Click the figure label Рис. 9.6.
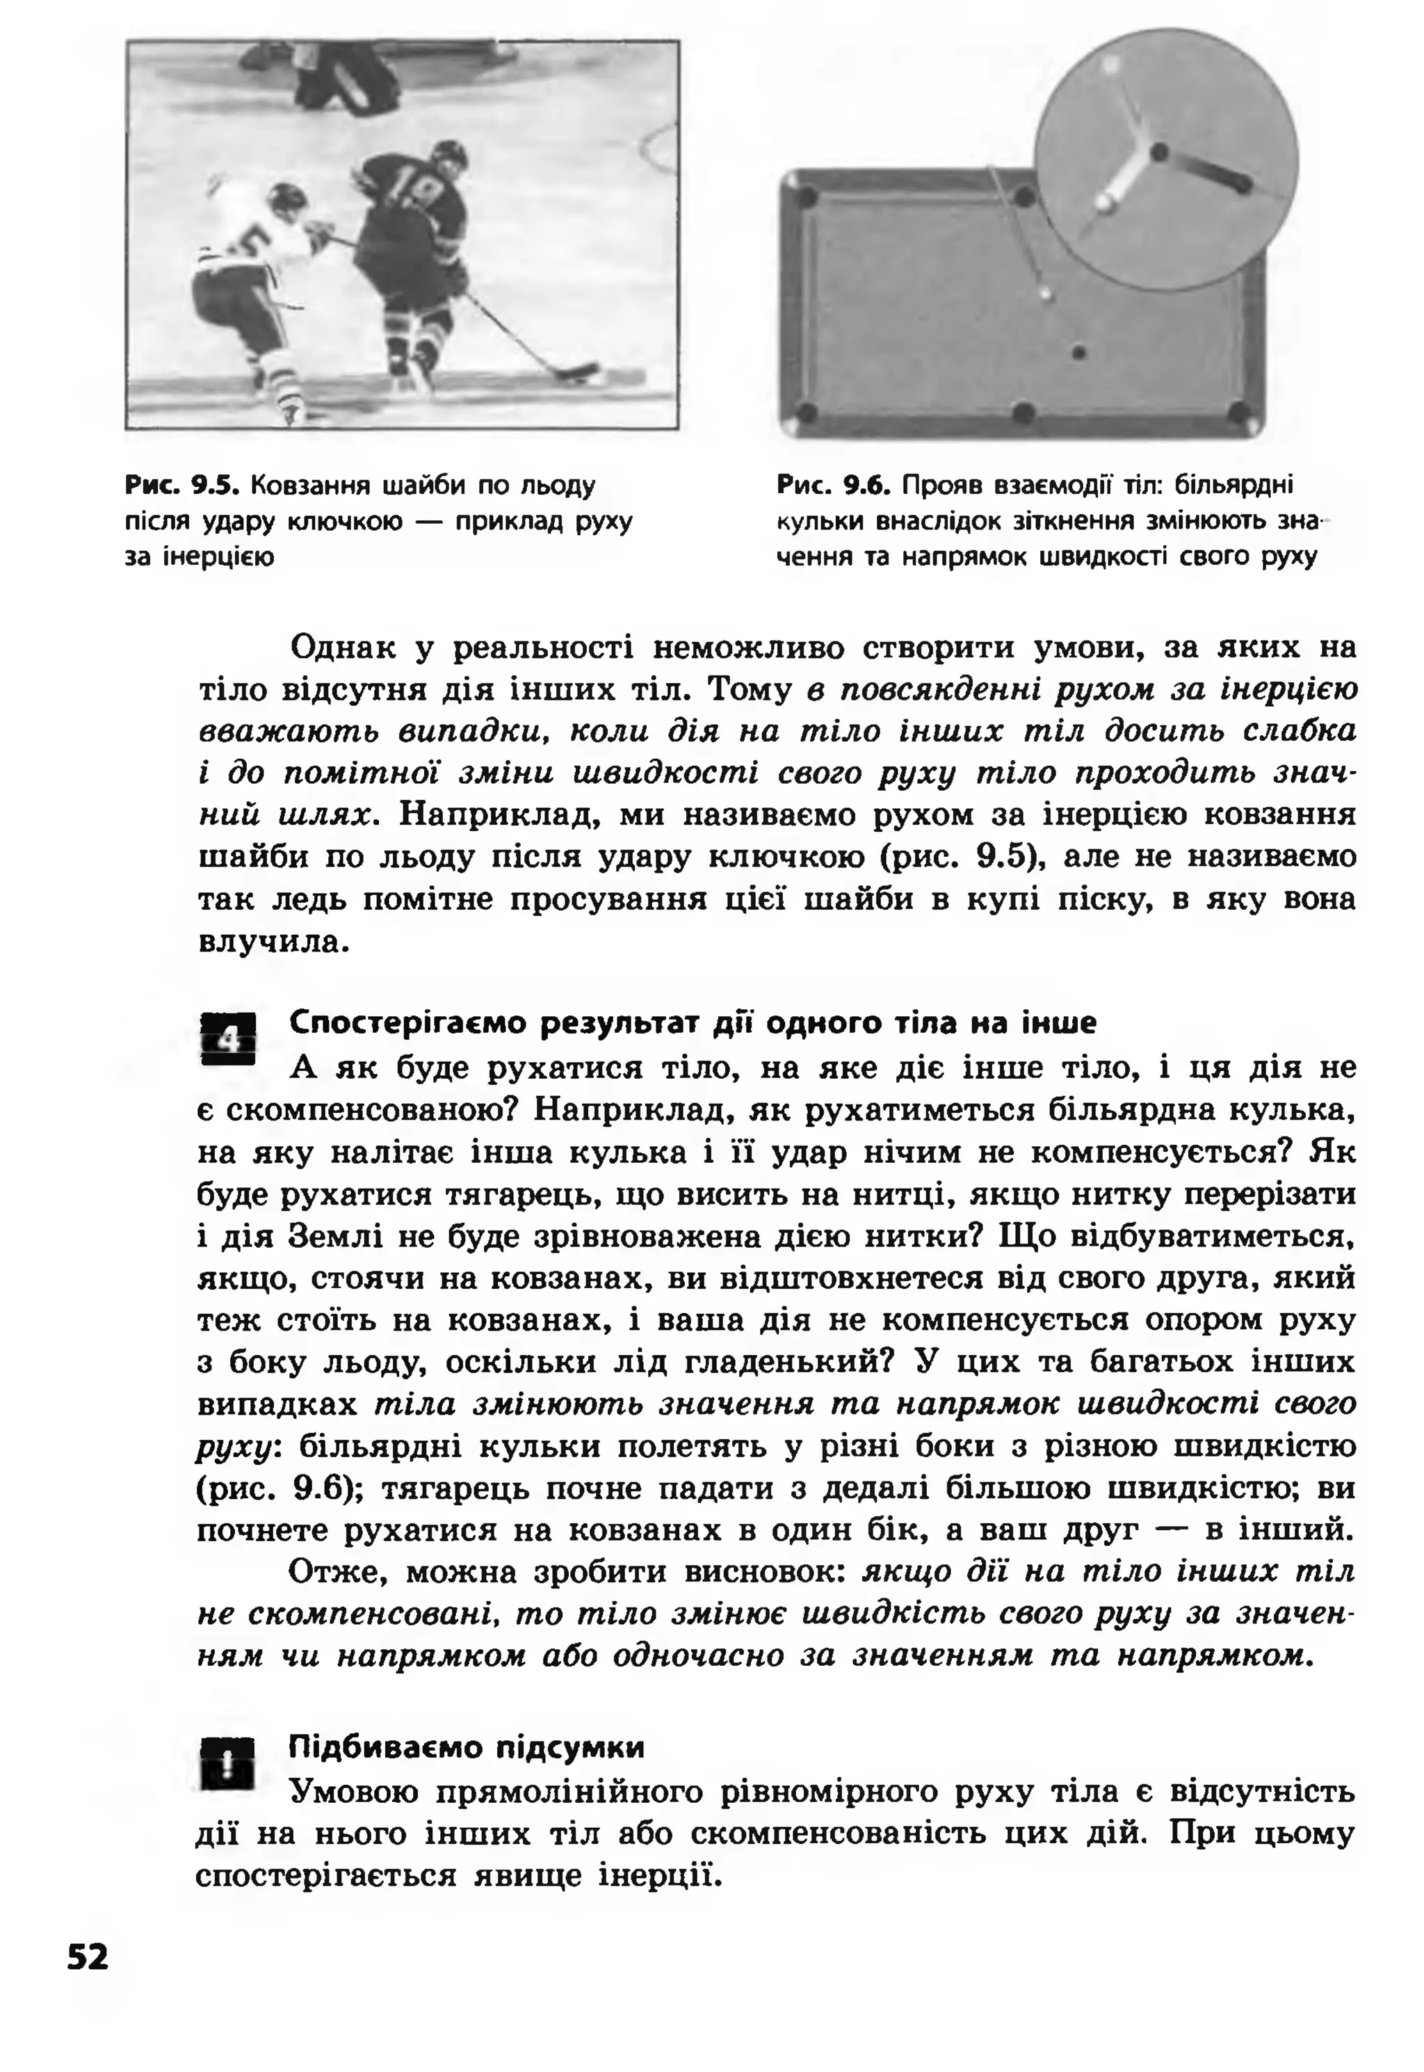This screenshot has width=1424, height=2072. click(x=834, y=486)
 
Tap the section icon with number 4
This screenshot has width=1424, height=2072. click(x=229, y=1038)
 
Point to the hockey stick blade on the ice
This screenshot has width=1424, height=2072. click(x=580, y=370)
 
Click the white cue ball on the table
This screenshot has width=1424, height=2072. click(x=1045, y=293)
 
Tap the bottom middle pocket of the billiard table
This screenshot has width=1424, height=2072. click(x=1024, y=412)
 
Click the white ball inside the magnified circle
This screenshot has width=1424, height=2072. click(x=1105, y=202)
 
